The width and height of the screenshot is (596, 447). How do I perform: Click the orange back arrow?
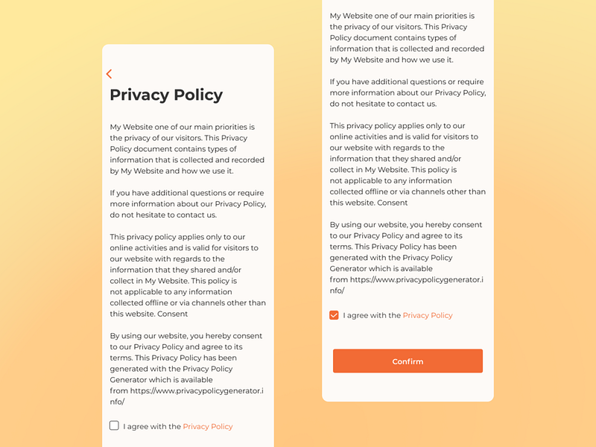coord(109,74)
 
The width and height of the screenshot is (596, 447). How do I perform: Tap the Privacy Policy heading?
coord(166,95)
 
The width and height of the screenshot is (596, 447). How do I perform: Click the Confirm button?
coord(408,361)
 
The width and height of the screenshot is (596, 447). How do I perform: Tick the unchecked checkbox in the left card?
coord(114,425)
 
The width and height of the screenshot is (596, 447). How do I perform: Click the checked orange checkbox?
coord(334,315)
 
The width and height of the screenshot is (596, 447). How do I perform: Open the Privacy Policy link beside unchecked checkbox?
coord(207,427)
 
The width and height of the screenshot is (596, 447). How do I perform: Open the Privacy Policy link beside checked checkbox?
coord(428,315)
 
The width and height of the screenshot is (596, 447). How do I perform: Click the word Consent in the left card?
coord(173,314)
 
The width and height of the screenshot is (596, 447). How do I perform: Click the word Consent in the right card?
coord(393,203)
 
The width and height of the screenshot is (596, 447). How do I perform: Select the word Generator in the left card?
coord(129,379)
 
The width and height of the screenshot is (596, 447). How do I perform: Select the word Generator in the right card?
coord(349,268)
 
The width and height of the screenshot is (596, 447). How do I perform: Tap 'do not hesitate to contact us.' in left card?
coord(163,215)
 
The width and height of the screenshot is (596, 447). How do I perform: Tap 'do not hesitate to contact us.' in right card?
coord(383,104)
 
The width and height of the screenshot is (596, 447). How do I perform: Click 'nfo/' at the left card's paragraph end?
coord(117,402)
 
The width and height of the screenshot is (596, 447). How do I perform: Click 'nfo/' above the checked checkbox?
coord(337,291)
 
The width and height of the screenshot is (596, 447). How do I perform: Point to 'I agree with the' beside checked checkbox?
coord(372,315)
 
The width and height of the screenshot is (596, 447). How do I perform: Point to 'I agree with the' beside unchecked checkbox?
coord(152,427)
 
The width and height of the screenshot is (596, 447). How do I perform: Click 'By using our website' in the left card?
coord(150,336)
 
